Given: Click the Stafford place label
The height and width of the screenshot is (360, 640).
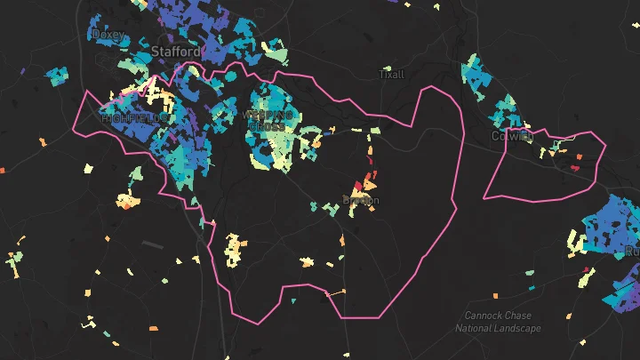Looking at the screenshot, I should (x=175, y=52).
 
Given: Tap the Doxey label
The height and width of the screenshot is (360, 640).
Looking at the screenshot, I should (x=108, y=35).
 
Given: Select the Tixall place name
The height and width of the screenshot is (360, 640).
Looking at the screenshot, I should (x=391, y=74).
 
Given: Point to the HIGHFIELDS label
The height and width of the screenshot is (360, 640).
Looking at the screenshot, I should (x=134, y=117).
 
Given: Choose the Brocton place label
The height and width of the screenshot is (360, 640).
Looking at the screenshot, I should (x=360, y=201).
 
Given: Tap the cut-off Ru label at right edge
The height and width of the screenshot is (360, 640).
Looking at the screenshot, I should (x=632, y=252).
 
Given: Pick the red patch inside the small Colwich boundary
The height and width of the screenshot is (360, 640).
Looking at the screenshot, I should (x=579, y=157).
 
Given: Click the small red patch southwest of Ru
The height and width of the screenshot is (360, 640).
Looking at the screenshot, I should (x=585, y=270).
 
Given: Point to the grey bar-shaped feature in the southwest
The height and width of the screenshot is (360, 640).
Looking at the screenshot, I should (x=152, y=244).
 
